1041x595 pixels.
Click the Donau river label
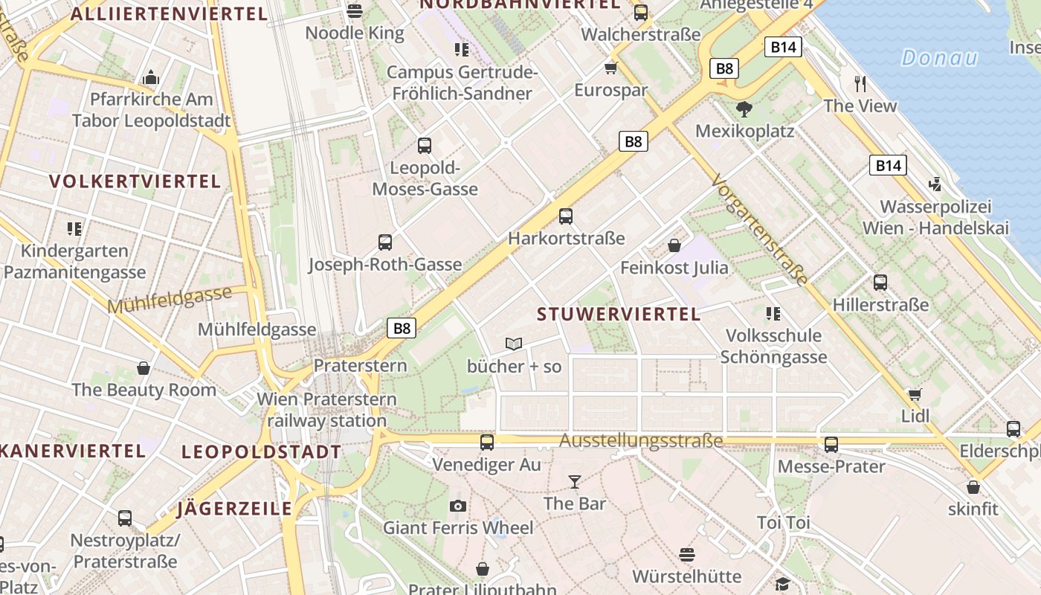tap(939, 58)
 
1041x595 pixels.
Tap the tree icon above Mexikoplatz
tap(743, 110)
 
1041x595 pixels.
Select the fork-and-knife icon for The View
tap(861, 83)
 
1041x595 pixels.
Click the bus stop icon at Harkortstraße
tap(566, 216)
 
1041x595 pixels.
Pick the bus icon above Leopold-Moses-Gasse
tap(425, 146)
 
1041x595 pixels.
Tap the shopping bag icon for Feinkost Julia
tap(674, 245)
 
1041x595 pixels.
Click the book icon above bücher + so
tap(514, 344)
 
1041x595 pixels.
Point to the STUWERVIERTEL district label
tap(619, 314)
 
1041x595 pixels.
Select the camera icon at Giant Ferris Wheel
tap(458, 506)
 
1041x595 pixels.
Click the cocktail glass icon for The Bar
tap(574, 482)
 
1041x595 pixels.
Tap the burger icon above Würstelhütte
tap(686, 555)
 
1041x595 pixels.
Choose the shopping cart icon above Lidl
tap(915, 394)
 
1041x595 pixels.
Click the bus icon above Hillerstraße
tap(880, 283)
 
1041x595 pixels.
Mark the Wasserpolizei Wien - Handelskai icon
tap(935, 184)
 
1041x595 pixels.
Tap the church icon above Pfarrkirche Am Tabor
tap(151, 77)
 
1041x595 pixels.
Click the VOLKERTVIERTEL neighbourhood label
tap(135, 181)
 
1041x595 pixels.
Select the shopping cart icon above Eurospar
tap(611, 68)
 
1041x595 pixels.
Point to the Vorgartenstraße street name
tap(758, 231)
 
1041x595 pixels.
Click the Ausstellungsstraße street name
tap(641, 441)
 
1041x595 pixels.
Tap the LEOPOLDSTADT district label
tap(262, 451)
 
